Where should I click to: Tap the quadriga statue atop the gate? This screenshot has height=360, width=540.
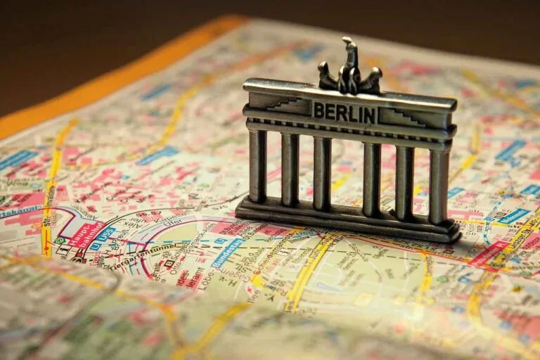349,70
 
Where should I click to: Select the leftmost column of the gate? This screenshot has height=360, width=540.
258,165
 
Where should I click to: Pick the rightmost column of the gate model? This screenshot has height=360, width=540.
439,184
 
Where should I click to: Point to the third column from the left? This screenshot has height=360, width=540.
322,172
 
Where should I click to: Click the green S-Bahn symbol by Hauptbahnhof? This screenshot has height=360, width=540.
61,240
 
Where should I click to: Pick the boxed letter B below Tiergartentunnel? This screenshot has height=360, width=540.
169,264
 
